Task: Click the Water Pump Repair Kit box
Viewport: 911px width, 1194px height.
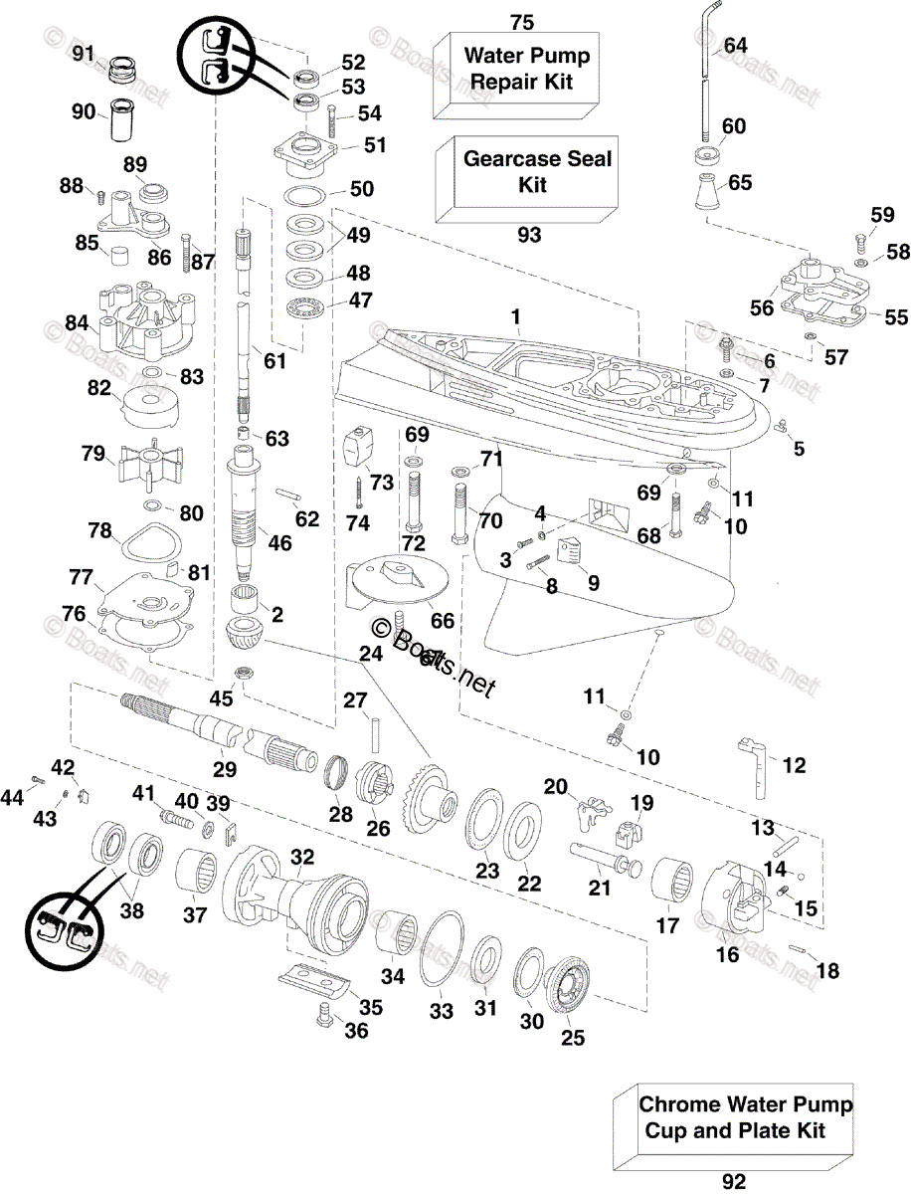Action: [517, 70]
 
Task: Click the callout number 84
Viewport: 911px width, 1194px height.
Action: [76, 322]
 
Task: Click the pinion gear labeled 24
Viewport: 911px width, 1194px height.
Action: [244, 634]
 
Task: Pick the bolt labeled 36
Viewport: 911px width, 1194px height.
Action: [321, 1015]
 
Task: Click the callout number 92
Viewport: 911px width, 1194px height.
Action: [733, 1181]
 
